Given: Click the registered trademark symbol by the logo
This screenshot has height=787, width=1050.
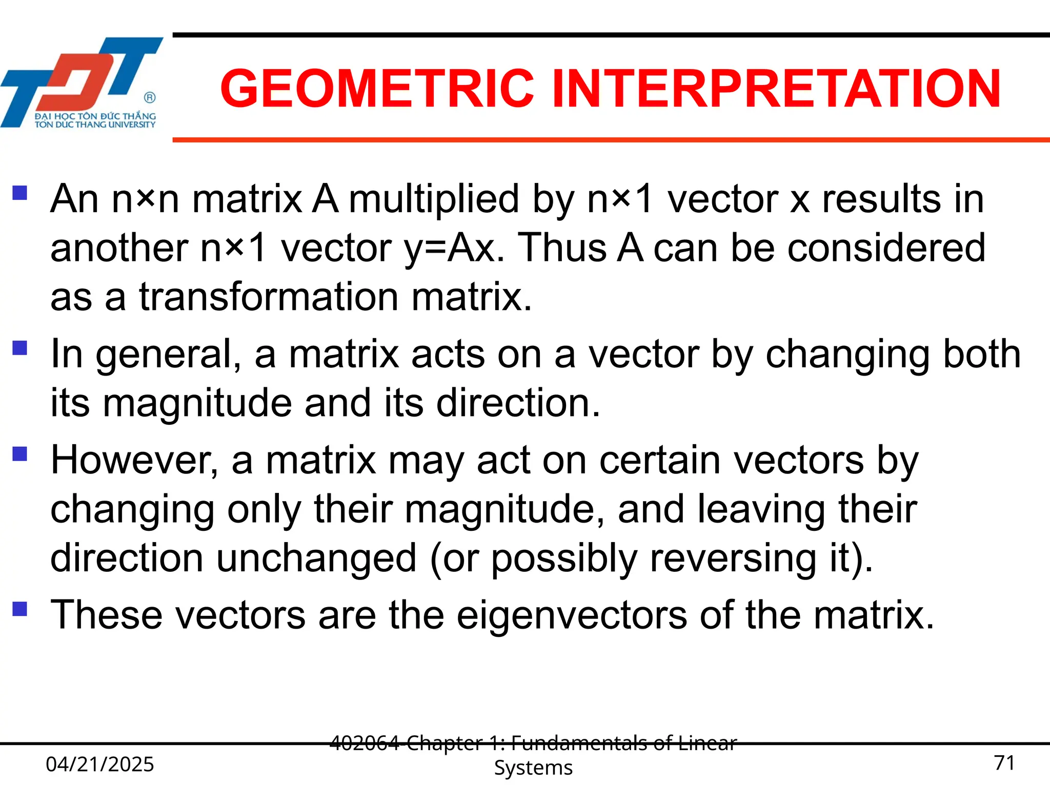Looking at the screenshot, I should click(x=150, y=97).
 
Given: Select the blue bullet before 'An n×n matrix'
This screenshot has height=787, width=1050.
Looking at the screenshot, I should click(x=19, y=193).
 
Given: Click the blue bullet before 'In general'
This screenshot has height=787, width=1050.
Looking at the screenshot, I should click(x=19, y=348).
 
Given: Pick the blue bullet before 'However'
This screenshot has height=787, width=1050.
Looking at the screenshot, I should click(x=19, y=454).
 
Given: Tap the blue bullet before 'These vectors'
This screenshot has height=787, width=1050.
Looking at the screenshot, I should click(x=19, y=609).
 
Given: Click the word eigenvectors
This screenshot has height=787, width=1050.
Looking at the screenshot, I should click(x=572, y=615).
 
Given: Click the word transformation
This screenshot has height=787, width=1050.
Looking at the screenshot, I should click(x=269, y=297).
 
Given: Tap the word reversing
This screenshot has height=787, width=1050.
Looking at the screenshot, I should click(x=733, y=558).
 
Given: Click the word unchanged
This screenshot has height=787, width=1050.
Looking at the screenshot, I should click(x=316, y=558).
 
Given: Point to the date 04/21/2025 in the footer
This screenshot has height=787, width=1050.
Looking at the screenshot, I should click(x=100, y=764).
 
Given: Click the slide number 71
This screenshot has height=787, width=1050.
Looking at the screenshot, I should click(x=1004, y=763).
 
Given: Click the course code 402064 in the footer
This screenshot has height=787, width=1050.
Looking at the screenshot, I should click(x=364, y=743).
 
